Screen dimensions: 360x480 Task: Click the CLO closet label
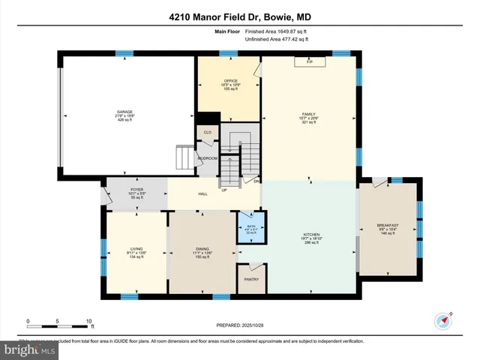(207, 132)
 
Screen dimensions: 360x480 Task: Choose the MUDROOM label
(207, 159)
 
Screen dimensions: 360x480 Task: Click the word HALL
(202, 194)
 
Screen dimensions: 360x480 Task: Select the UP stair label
(223, 190)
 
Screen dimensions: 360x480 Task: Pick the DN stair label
(256, 181)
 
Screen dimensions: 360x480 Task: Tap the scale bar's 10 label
(88, 321)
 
